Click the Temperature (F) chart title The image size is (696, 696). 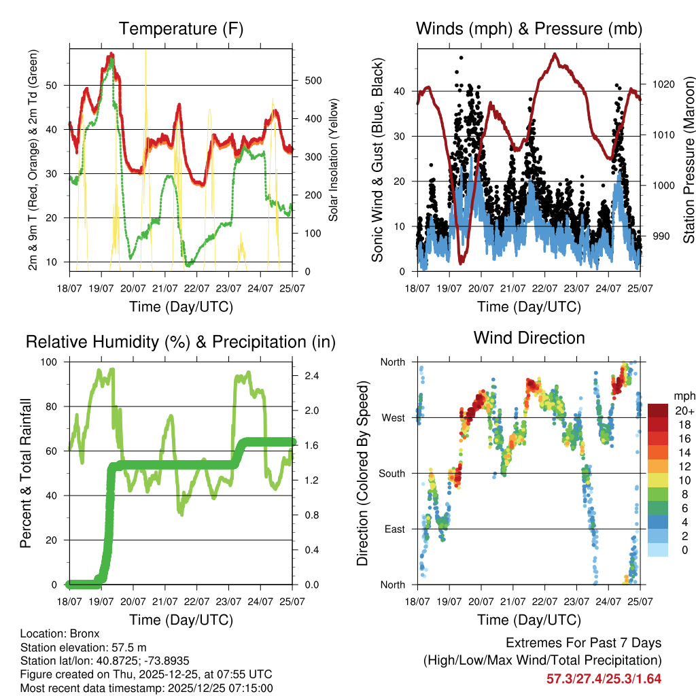click(x=181, y=29)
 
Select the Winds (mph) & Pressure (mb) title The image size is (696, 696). click(x=529, y=29)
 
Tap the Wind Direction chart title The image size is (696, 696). click(x=529, y=338)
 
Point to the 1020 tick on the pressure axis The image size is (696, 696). click(x=661, y=85)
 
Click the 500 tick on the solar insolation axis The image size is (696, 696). click(x=312, y=81)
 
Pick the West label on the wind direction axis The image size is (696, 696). click(x=394, y=417)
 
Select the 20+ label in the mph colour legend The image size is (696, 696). click(x=684, y=411)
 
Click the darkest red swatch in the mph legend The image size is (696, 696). click(x=657, y=411)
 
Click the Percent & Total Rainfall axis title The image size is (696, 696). click(x=26, y=473)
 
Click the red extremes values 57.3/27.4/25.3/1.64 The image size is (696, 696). click(x=604, y=679)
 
